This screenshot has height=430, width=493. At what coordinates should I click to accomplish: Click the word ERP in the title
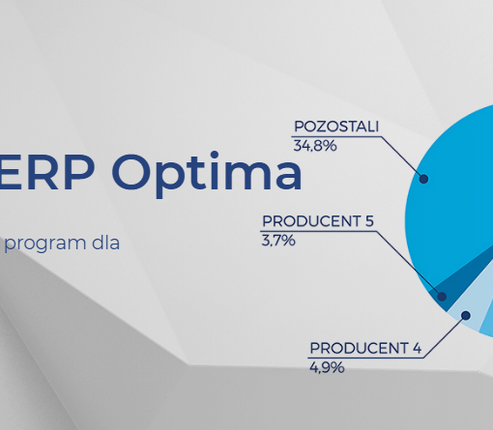(46, 172)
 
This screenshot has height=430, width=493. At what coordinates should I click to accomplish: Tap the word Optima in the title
(207, 174)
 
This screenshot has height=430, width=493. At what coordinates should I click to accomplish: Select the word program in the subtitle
(45, 244)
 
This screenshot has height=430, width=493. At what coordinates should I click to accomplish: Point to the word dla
(105, 243)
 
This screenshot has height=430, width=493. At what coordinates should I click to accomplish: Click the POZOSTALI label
(336, 127)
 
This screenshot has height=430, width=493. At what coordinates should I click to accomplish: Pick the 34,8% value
(315, 146)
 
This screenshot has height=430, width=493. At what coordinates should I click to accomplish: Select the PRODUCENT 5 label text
(318, 221)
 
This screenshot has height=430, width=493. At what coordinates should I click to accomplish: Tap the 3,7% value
(278, 241)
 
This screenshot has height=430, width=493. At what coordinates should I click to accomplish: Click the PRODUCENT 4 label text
(365, 348)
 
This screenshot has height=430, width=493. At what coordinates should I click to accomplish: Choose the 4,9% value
(327, 367)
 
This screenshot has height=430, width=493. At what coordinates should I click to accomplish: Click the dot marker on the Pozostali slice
(423, 179)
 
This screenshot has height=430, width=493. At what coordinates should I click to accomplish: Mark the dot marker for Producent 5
(442, 297)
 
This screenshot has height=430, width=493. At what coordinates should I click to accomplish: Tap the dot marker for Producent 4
(466, 315)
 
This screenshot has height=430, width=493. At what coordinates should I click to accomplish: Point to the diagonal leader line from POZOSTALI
(402, 158)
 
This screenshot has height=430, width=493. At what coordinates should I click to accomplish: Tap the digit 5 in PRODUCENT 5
(369, 221)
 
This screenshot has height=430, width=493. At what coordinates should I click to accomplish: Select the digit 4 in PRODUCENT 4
(417, 348)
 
